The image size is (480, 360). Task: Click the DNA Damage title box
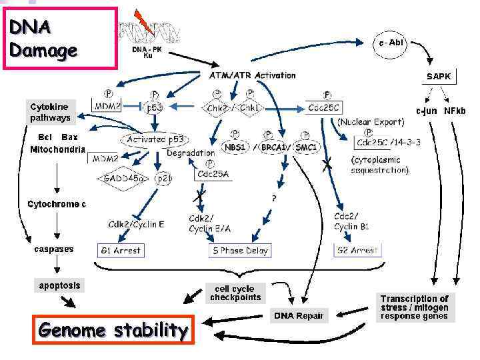click(x=59, y=37)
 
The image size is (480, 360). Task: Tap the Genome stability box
click(x=113, y=329)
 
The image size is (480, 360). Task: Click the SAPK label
click(x=439, y=77)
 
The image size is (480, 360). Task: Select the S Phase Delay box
click(x=239, y=251)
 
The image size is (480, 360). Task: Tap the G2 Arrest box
click(x=356, y=251)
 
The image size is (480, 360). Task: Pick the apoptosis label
click(x=59, y=285)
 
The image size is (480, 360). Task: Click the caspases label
click(x=54, y=249)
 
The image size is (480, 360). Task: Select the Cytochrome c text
click(x=57, y=204)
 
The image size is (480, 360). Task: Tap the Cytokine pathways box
click(x=49, y=112)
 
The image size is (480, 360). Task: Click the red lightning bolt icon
click(x=142, y=22)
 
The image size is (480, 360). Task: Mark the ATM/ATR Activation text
click(x=248, y=75)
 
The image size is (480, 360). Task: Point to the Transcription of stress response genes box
click(x=414, y=307)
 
